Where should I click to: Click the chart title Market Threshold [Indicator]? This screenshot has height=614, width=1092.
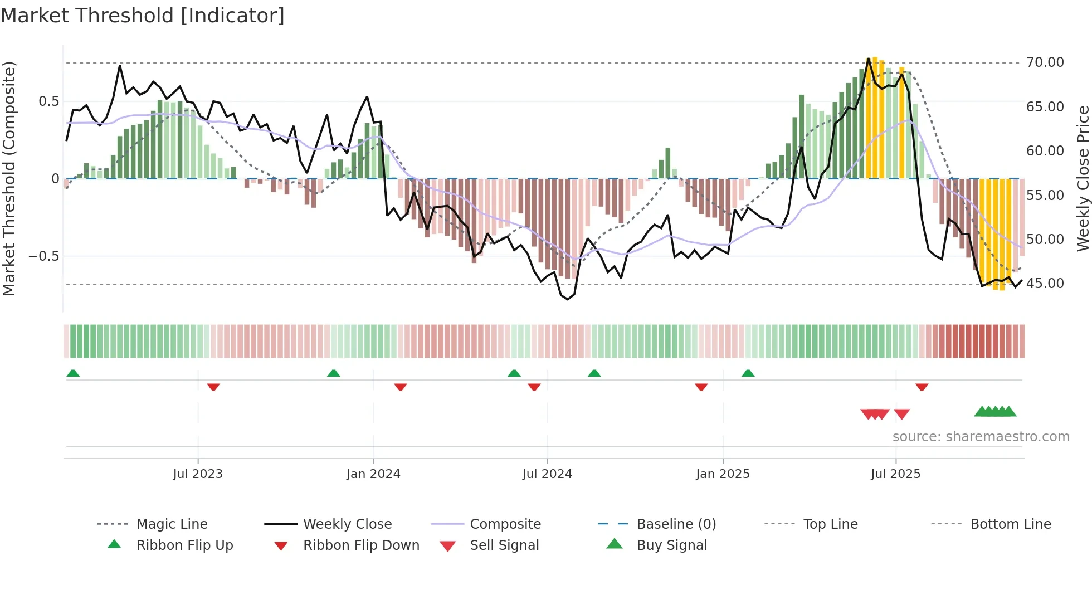pyautogui.click(x=143, y=16)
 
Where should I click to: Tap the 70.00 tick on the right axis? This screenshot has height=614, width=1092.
pyautogui.click(x=1045, y=62)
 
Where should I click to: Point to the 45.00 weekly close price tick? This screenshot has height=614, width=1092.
pyautogui.click(x=1045, y=284)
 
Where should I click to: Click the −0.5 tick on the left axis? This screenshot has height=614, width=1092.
pyautogui.click(x=43, y=256)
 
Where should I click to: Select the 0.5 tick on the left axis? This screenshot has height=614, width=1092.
pyautogui.click(x=48, y=101)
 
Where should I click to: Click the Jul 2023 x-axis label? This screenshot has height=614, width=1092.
pyautogui.click(x=198, y=474)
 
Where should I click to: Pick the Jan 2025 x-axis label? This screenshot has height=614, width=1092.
pyautogui.click(x=723, y=474)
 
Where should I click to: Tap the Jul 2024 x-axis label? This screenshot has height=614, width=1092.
pyautogui.click(x=547, y=474)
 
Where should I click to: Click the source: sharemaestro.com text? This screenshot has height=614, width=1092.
pyautogui.click(x=981, y=437)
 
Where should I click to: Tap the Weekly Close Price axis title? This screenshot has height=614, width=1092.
pyautogui.click(x=1083, y=178)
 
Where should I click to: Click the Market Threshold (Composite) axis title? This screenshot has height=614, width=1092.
pyautogui.click(x=9, y=178)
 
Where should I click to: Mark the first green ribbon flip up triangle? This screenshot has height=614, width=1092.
pyautogui.click(x=73, y=373)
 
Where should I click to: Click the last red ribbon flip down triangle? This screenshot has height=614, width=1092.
pyautogui.click(x=922, y=387)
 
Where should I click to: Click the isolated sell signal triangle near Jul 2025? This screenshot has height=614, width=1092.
pyautogui.click(x=901, y=414)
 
